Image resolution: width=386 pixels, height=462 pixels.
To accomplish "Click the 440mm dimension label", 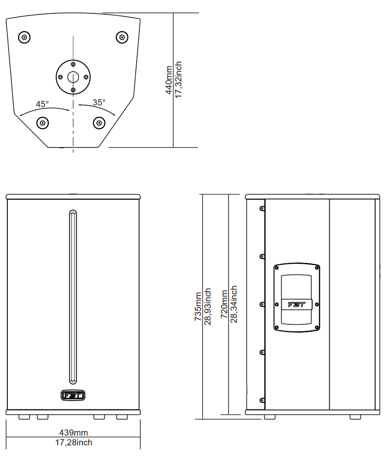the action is pyautogui.click(x=169, y=80).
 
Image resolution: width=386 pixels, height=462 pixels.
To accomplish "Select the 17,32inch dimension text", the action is pyautogui.click(x=178, y=79).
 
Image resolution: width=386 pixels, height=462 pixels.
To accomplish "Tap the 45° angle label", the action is pyautogui.click(x=42, y=104).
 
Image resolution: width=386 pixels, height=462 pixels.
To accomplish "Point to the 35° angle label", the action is pyautogui.click(x=99, y=102).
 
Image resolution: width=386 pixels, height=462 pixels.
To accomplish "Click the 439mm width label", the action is pyautogui.click(x=73, y=432).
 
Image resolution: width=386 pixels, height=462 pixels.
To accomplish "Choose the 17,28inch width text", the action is pyautogui.click(x=73, y=442).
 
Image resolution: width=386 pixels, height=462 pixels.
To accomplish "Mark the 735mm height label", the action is pyautogui.click(x=198, y=306).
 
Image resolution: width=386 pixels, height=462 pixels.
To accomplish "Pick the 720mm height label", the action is pyautogui.click(x=224, y=304).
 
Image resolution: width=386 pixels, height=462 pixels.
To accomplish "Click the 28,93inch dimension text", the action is pyautogui.click(x=208, y=306).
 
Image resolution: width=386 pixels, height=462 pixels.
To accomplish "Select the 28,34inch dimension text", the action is pyautogui.click(x=234, y=304).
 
